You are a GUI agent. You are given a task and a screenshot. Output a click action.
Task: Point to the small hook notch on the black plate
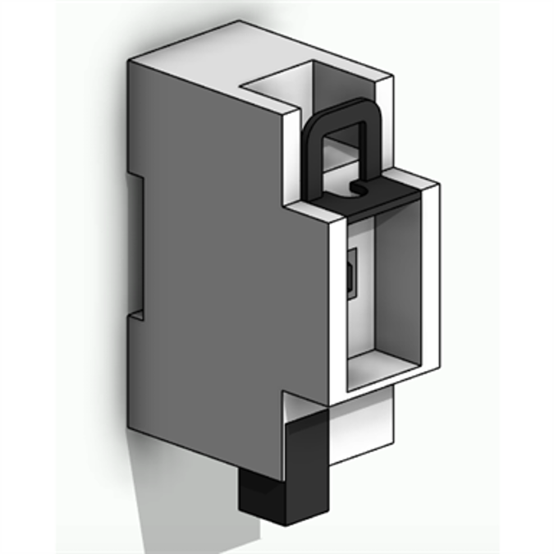pos(359,189)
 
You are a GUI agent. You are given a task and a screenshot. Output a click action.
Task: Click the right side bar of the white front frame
pos(431,279)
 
